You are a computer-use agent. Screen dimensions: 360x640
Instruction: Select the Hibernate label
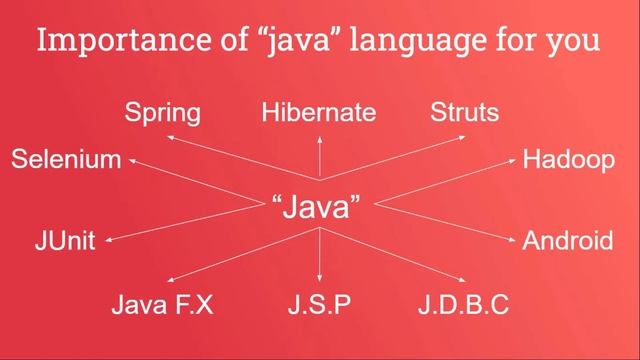pos(319,112)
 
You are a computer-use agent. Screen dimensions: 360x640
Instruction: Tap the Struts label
pos(464,112)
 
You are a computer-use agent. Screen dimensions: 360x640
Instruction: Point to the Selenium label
pos(66,160)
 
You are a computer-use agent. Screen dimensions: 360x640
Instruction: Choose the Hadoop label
pos(569,160)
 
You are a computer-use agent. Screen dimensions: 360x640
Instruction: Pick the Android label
pos(568,241)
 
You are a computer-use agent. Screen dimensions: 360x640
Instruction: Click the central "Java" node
pos(316,208)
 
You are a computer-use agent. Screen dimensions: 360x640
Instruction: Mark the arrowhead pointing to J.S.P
pos(320,279)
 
